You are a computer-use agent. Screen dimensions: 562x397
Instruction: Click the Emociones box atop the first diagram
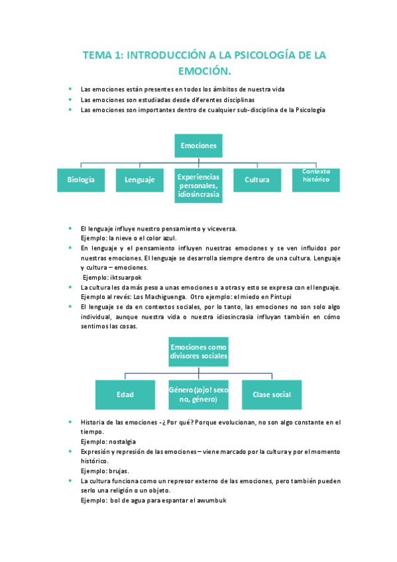click(x=199, y=145)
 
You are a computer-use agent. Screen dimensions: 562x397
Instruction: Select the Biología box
click(x=81, y=180)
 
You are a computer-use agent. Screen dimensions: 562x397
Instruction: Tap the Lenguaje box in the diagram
click(x=139, y=180)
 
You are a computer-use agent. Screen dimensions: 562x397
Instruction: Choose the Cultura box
click(x=257, y=180)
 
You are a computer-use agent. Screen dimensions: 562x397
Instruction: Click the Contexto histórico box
click(x=316, y=176)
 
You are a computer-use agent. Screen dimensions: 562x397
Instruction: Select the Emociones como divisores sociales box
click(x=199, y=351)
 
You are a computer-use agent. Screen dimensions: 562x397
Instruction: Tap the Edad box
click(x=125, y=394)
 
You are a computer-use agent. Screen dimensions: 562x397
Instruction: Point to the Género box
click(x=199, y=394)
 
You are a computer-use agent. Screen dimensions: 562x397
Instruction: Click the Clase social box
click(x=272, y=394)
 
